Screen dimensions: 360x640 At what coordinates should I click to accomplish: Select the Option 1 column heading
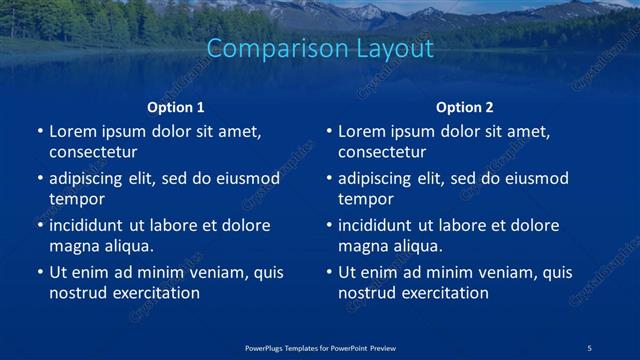176,107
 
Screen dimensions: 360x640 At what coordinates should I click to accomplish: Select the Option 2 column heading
465,107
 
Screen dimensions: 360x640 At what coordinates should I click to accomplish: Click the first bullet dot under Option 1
39,132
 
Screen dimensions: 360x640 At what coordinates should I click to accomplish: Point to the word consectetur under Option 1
93,152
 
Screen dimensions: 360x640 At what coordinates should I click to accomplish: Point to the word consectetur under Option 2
382,152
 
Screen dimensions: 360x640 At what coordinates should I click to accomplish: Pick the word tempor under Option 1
76,199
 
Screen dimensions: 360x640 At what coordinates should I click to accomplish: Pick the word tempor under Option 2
365,199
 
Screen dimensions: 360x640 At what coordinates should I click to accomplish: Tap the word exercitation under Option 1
156,293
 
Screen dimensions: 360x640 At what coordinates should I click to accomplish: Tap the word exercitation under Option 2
445,293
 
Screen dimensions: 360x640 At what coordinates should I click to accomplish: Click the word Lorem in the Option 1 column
72,132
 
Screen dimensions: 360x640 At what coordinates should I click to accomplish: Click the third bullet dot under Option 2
328,226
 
